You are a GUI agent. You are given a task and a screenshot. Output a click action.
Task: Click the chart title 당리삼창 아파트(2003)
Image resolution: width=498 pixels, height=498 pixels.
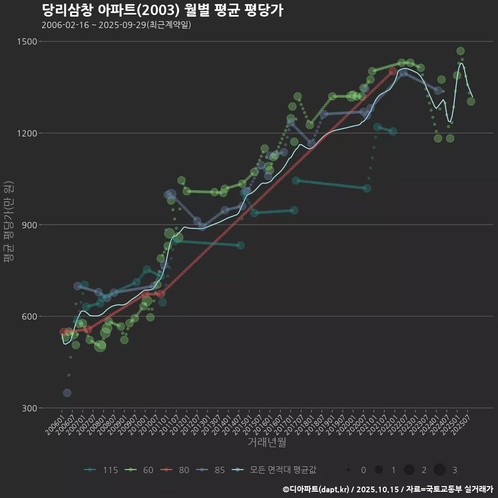162,10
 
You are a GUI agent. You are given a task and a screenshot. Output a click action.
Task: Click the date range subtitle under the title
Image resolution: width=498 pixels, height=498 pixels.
116,25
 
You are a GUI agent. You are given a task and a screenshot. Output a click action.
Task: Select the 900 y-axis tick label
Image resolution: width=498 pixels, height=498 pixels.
32,225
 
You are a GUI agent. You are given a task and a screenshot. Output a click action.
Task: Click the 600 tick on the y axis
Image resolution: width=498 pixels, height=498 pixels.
32,316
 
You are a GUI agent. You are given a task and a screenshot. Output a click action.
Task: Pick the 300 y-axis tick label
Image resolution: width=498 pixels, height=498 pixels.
32,408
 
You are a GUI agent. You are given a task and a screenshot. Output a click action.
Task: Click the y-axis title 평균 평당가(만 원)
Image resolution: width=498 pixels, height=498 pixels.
8,224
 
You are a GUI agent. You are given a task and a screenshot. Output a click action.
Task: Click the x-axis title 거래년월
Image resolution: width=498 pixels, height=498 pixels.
267,442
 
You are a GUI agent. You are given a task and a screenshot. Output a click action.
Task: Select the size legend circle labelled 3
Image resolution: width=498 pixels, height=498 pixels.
440,470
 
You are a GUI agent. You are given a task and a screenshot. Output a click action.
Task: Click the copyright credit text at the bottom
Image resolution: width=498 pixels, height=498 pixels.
388,489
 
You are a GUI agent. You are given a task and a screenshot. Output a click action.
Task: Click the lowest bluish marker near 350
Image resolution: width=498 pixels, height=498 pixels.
67,393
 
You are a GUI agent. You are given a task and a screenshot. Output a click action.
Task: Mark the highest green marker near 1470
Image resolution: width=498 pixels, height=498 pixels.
460,51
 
